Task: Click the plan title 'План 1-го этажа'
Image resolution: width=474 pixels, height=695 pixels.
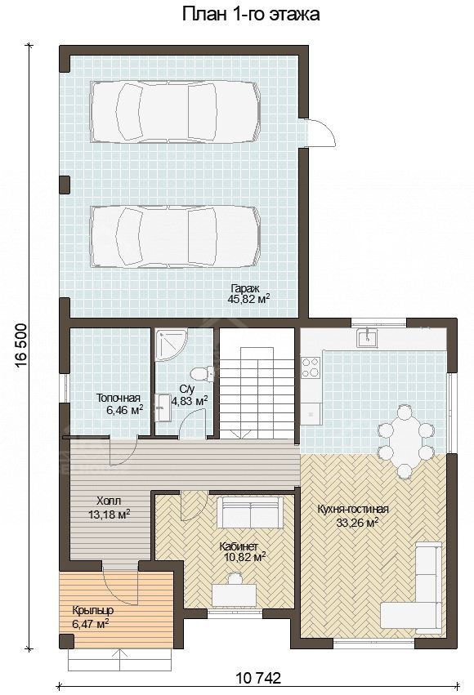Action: tap(251, 14)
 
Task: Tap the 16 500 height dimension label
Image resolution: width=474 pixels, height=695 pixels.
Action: tap(21, 346)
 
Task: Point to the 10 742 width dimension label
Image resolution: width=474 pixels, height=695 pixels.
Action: tap(259, 678)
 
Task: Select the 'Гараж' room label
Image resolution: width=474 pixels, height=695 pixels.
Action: tap(242, 287)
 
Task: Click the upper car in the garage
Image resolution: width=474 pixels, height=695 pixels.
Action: tap(175, 112)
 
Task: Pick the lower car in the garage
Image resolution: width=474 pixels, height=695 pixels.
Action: tap(175, 236)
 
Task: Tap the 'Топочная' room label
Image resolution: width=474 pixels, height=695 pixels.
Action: tap(118, 398)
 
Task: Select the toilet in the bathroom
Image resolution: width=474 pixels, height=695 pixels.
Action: tap(203, 373)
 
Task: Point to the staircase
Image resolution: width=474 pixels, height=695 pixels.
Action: tap(257, 385)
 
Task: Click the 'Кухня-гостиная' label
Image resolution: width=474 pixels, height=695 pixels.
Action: tap(353, 510)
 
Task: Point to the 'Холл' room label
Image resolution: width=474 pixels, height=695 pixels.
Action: tap(108, 501)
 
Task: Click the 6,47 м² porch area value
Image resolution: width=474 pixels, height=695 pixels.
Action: tap(91, 624)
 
